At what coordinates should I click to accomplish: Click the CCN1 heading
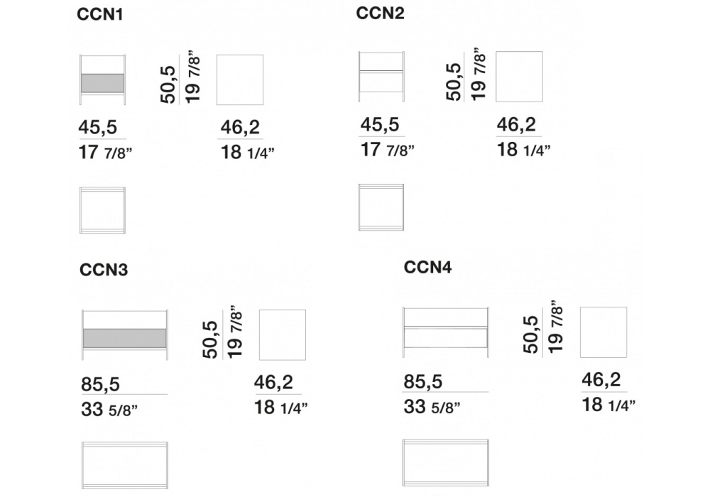click(99, 14)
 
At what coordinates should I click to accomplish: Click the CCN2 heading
click(380, 13)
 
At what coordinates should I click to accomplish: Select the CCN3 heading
click(104, 270)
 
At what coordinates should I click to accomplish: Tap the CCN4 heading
click(427, 267)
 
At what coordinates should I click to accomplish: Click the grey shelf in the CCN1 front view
click(102, 83)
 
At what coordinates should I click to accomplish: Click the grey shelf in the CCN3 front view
click(124, 338)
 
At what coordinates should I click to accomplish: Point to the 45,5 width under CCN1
click(98, 128)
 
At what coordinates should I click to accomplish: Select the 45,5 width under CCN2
click(379, 124)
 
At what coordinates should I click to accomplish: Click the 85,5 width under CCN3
click(101, 385)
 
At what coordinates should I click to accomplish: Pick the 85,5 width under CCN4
click(422, 382)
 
